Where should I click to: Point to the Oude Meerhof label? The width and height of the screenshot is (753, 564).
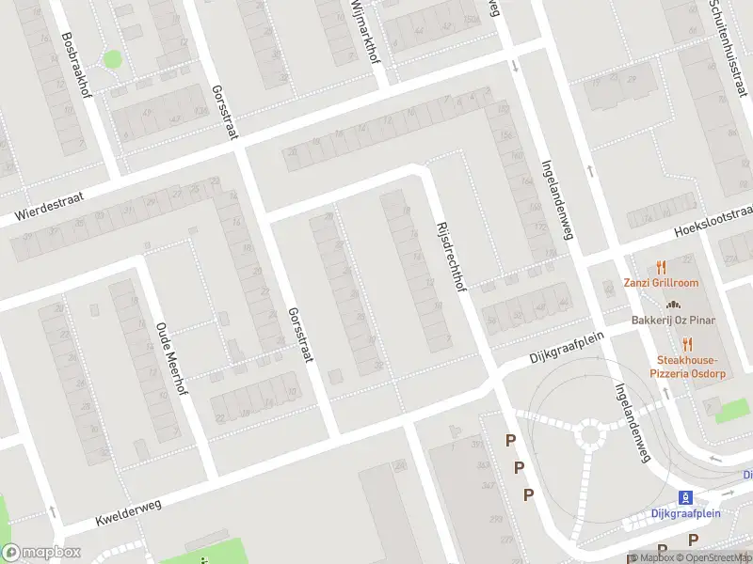[171, 359]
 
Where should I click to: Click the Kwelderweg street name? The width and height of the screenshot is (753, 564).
[128, 512]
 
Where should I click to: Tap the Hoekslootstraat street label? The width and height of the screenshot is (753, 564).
[714, 224]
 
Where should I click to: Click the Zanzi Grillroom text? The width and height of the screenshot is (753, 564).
[660, 283]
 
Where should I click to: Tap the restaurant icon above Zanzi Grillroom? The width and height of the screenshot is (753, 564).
[661, 266]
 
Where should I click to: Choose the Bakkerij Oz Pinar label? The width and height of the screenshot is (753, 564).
[673, 321]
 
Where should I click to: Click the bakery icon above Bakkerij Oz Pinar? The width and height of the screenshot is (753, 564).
[673, 304]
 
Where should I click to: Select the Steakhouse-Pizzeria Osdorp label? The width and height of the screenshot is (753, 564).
[687, 367]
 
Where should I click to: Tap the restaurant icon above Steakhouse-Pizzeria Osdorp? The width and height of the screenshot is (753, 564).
[687, 343]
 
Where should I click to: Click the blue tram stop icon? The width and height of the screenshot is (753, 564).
[686, 496]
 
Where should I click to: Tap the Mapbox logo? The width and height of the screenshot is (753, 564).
[40, 553]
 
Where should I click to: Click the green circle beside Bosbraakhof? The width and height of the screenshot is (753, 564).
[113, 59]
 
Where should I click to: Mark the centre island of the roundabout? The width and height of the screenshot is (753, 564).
[591, 434]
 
